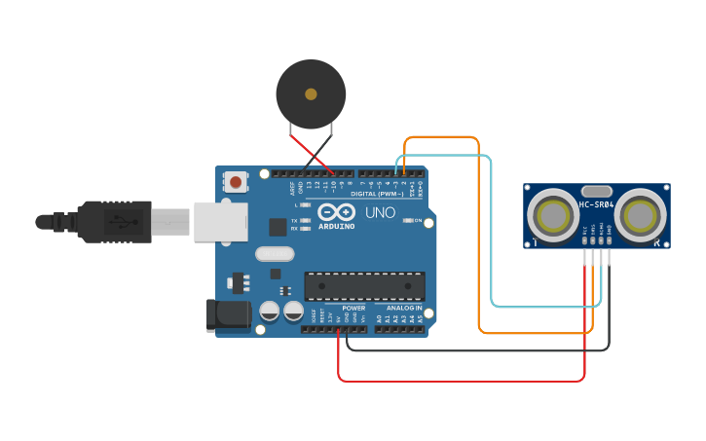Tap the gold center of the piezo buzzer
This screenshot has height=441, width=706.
coord(311,94)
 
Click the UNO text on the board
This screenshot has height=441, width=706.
coord(380,212)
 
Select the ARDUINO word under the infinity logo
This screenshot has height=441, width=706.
coord(336,226)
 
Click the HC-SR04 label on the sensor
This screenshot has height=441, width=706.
coord(597,204)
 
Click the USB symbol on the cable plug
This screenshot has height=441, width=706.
coord(124,221)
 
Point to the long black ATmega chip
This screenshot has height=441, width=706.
coord(365,286)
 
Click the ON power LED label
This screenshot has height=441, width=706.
coord(419,221)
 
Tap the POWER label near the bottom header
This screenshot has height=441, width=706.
coord(354,309)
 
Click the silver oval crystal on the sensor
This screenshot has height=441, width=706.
coord(597,191)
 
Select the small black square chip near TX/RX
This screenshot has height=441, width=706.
coord(278,227)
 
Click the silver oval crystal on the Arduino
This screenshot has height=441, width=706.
coord(274,254)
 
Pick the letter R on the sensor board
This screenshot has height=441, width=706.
coord(657,241)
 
